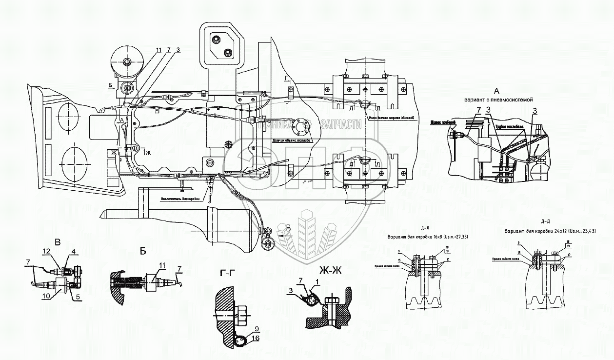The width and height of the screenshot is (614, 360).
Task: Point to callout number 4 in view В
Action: (74, 252)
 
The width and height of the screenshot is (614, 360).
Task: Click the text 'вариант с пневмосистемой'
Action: (496, 100)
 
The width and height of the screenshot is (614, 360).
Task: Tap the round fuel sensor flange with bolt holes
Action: (300, 128)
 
